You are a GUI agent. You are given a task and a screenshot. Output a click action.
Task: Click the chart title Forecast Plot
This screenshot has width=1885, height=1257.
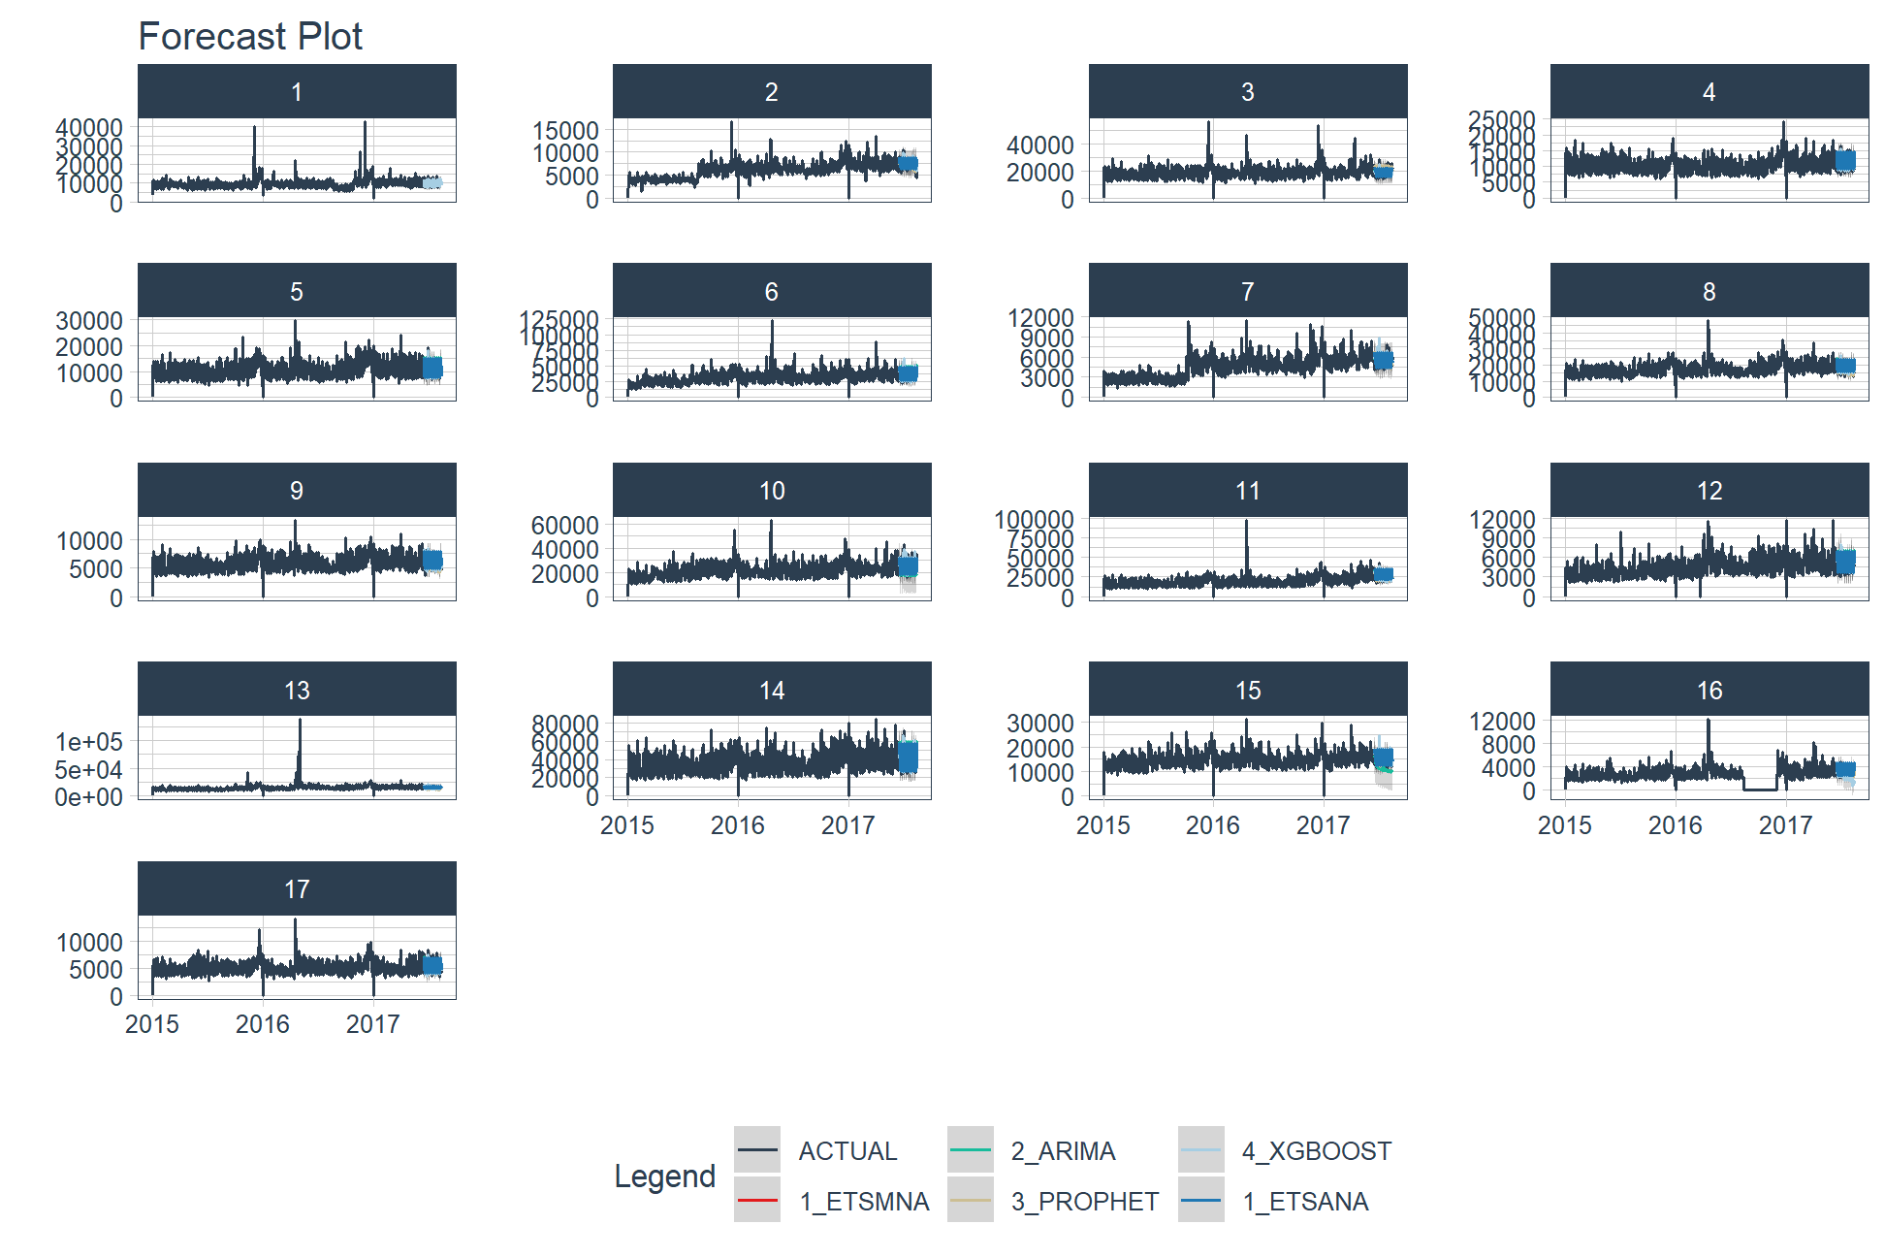[x=250, y=37]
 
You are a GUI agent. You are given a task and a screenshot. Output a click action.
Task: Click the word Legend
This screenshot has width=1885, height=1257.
[x=664, y=1176]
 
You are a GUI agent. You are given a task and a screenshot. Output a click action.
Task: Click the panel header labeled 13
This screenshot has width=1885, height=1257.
[x=297, y=690]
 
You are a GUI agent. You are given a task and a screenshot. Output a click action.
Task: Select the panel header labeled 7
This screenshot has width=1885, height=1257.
[x=1247, y=291]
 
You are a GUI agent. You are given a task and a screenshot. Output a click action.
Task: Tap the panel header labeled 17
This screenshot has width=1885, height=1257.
[x=297, y=888]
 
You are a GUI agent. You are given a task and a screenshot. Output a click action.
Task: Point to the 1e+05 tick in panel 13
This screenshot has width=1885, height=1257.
[x=89, y=742]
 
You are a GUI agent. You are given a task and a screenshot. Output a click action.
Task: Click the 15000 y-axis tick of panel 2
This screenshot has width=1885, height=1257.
[x=565, y=130]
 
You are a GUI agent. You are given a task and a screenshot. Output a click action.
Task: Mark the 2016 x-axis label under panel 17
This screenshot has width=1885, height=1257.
[x=263, y=1024]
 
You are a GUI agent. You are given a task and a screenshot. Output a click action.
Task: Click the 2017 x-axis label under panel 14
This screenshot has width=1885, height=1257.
[x=848, y=825]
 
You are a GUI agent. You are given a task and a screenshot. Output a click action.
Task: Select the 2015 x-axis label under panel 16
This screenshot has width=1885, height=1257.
[x=1564, y=825]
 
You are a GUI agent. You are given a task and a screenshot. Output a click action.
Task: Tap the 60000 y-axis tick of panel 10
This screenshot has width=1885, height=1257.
[x=565, y=525]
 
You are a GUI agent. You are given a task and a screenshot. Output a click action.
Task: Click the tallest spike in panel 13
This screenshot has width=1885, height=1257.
[x=300, y=721]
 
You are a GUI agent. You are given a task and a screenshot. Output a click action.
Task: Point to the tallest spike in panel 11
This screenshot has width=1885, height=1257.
[x=1247, y=522]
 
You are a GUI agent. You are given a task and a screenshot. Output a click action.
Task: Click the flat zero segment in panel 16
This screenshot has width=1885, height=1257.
[x=1760, y=789]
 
